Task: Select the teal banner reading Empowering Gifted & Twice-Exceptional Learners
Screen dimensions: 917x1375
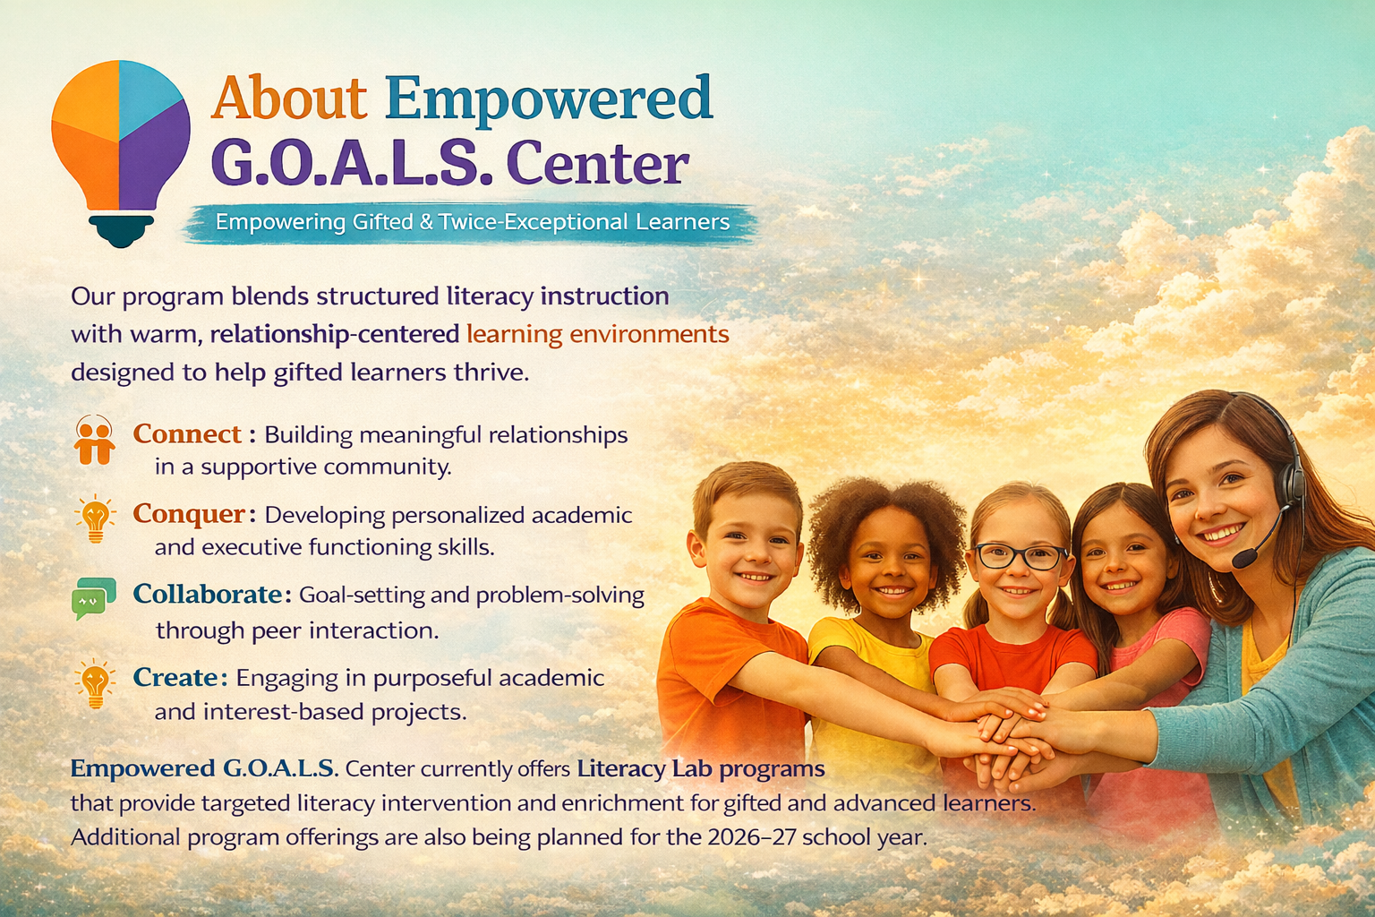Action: click(x=472, y=222)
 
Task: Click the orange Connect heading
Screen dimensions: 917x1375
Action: click(x=187, y=434)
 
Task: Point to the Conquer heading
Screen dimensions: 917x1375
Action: click(x=189, y=514)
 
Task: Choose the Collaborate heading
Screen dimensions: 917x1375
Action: click(x=208, y=594)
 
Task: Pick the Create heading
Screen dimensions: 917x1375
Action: click(x=175, y=677)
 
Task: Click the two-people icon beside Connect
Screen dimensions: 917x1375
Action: click(x=95, y=440)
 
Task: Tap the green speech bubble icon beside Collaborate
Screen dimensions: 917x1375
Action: click(x=94, y=598)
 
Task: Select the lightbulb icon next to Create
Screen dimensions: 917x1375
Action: click(x=95, y=683)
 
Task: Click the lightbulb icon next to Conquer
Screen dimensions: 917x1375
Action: click(x=95, y=518)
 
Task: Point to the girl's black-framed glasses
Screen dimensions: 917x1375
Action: click(x=1020, y=556)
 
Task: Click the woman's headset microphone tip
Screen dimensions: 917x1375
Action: click(x=1243, y=559)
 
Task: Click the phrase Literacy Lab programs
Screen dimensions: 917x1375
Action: click(x=701, y=768)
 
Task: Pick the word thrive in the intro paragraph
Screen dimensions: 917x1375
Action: click(x=491, y=372)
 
